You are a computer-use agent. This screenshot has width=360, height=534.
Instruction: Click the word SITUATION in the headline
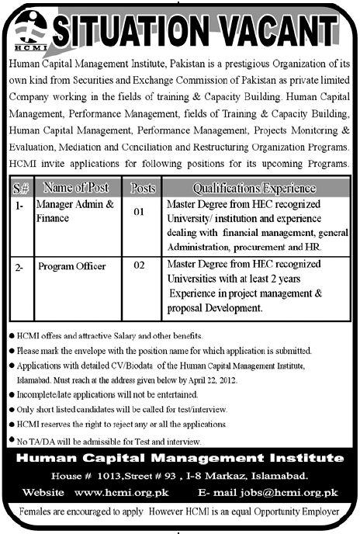pos(136,30)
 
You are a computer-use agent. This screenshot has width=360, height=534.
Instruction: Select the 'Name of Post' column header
pos(77,188)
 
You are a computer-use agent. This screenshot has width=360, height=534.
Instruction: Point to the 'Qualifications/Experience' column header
pos(254,188)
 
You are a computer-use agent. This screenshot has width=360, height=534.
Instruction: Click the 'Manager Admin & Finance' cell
pos(77,210)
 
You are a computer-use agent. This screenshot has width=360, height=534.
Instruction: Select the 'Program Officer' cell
pos(72,266)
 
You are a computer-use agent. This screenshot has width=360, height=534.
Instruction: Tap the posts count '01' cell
pos(140,210)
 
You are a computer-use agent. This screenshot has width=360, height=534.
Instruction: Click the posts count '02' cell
pos(140,265)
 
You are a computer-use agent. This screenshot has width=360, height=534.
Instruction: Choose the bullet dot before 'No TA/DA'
pos(11,440)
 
